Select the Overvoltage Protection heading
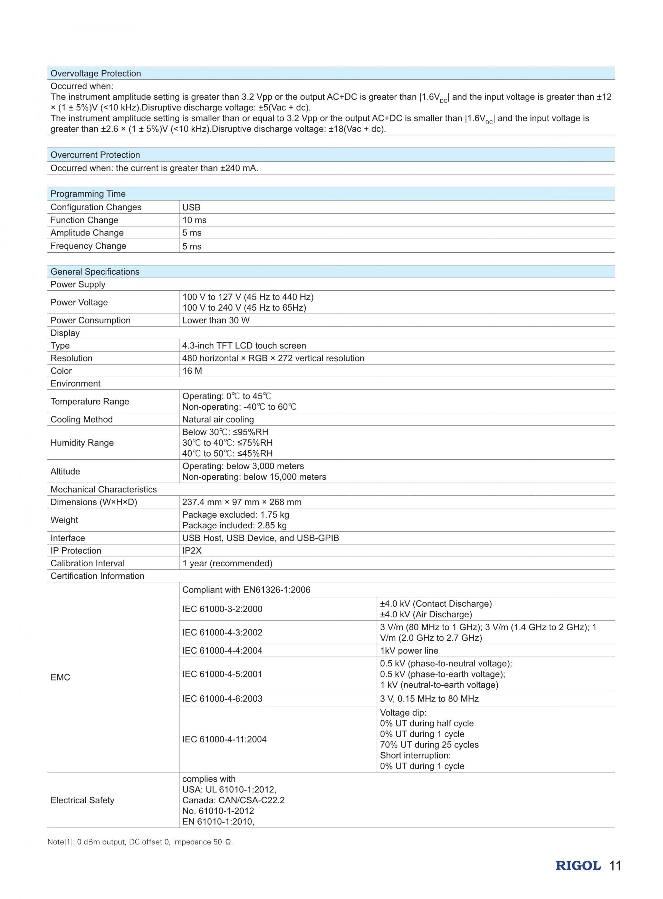click(96, 74)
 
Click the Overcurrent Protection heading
click(95, 155)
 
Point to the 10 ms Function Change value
click(194, 220)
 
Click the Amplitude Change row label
click(87, 233)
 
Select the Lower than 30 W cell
click(216, 320)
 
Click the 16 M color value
click(192, 371)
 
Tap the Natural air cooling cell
click(218, 419)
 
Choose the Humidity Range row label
click(82, 442)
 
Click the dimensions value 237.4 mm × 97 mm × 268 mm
click(242, 502)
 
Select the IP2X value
click(192, 550)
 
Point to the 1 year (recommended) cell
click(227, 563)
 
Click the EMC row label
click(60, 677)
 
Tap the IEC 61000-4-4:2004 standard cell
click(222, 651)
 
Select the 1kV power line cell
click(409, 651)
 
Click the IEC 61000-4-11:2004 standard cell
click(224, 739)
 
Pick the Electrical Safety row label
click(82, 800)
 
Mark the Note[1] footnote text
click(141, 842)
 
